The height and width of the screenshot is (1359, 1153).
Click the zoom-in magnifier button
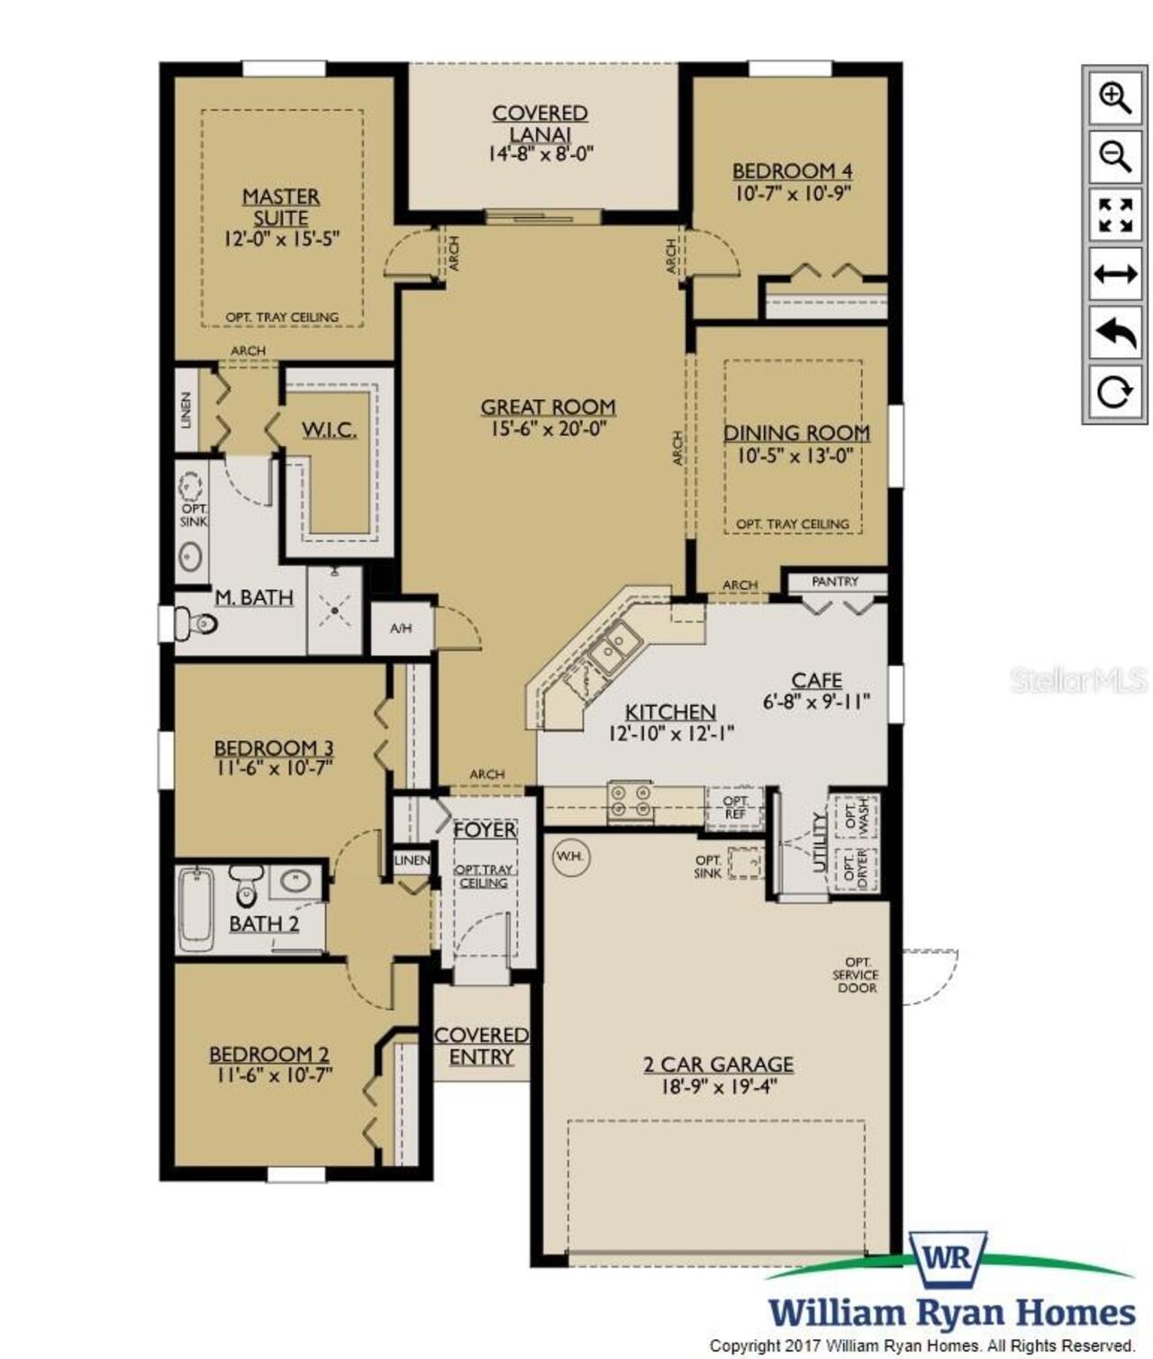[x=1114, y=99]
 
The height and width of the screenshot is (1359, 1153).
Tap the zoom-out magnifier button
[x=1114, y=157]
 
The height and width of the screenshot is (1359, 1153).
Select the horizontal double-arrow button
[x=1114, y=274]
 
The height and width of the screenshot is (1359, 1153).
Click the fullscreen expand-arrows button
[x=1114, y=215]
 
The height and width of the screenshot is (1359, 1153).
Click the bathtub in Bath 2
[x=196, y=910]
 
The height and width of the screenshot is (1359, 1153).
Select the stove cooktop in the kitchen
[x=630, y=801]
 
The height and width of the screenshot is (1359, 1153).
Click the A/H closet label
[x=401, y=628]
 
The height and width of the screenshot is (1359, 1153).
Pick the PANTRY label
[x=835, y=581]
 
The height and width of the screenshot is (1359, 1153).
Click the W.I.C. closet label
[x=329, y=430]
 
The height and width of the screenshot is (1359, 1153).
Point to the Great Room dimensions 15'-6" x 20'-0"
[x=548, y=429]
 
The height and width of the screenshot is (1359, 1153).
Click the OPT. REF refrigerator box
[x=735, y=807]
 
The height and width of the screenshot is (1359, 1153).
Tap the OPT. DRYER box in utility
[x=855, y=868]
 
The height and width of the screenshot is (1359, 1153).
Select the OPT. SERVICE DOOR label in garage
[x=855, y=975]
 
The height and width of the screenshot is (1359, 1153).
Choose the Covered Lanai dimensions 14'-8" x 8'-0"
[x=540, y=154]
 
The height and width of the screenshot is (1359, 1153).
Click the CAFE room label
[x=816, y=680]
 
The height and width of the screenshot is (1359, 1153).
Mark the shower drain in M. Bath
[x=335, y=611]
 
